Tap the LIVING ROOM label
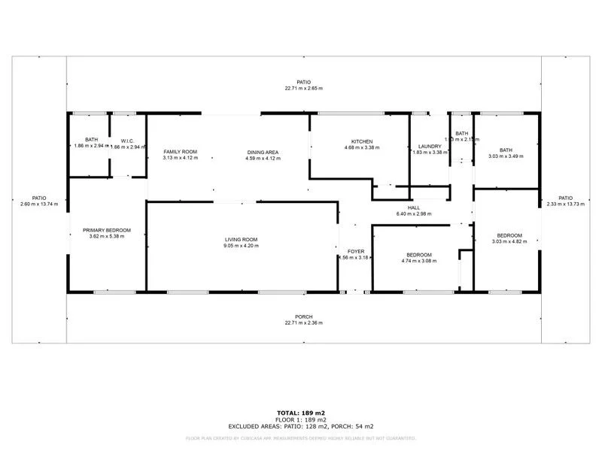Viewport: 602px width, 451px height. coord(240,239)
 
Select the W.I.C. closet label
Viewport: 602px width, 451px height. coord(127,140)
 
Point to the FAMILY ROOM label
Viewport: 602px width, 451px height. coord(180,152)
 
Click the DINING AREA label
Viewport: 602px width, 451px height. coord(263,152)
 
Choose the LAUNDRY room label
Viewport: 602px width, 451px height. coord(429,146)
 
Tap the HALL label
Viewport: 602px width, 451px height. coord(413,207)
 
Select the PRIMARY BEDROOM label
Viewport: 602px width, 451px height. coord(107,229)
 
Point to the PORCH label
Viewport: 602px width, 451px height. coord(303,316)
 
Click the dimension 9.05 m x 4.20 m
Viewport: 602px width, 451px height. coord(240,246)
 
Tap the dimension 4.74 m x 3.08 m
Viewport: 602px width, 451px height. coord(419,261)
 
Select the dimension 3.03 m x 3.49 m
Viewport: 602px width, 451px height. coord(505,156)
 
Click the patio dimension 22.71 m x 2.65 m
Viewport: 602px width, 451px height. coord(303,89)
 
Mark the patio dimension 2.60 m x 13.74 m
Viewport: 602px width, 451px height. coord(38,204)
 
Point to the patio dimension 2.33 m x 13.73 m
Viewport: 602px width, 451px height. coord(564,204)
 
